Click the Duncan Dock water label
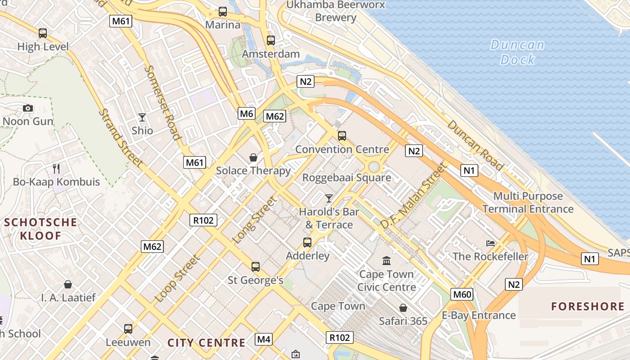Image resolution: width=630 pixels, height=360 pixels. (x=517, y=52)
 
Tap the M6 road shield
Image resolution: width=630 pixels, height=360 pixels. (x=247, y=113)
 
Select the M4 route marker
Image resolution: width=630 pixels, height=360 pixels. (x=263, y=339)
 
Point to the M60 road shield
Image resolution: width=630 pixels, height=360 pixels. (x=462, y=295)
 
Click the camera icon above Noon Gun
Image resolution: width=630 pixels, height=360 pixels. (x=28, y=108)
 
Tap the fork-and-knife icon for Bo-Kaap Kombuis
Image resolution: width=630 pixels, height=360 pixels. (x=56, y=169)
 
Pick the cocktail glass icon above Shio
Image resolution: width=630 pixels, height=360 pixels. (x=142, y=117)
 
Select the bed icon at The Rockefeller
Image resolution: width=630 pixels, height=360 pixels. (x=490, y=243)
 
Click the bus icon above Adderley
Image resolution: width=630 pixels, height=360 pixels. (x=307, y=243)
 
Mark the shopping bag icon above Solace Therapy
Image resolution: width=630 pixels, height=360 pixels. (x=253, y=157)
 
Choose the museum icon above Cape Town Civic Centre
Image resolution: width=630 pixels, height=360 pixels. (x=387, y=261)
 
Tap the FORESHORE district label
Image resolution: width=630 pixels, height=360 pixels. (x=588, y=307)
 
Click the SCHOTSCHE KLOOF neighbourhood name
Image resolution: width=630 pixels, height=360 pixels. (x=40, y=229)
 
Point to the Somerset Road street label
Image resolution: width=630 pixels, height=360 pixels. (x=163, y=103)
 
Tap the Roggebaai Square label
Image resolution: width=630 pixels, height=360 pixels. (x=346, y=177)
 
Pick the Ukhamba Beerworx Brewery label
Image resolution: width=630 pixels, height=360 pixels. (x=336, y=11)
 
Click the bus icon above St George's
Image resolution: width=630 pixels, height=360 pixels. (x=256, y=267)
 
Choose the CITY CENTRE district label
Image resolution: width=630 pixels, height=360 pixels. (x=207, y=342)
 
